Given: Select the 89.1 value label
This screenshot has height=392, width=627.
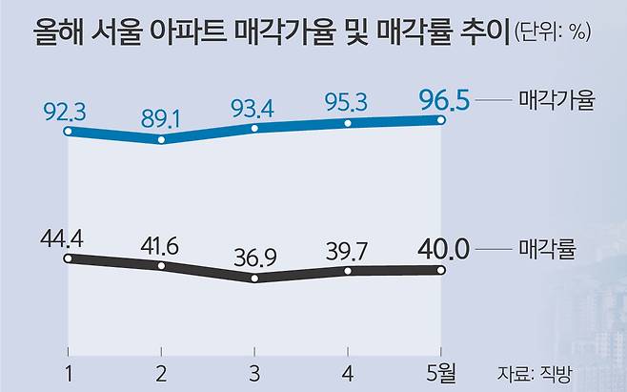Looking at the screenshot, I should [161, 118].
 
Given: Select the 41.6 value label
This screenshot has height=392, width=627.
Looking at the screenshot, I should [161, 244].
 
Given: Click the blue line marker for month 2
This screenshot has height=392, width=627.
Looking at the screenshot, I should [161, 139].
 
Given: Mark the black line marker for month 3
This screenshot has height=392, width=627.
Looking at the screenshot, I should [255, 279].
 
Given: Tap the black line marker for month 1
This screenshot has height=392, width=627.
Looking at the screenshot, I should [67, 257].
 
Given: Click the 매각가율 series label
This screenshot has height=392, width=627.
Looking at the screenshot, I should [557, 99].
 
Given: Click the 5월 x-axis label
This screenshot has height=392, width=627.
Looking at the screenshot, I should [444, 370].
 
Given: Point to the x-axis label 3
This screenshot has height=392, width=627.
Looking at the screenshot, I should [255, 370].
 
